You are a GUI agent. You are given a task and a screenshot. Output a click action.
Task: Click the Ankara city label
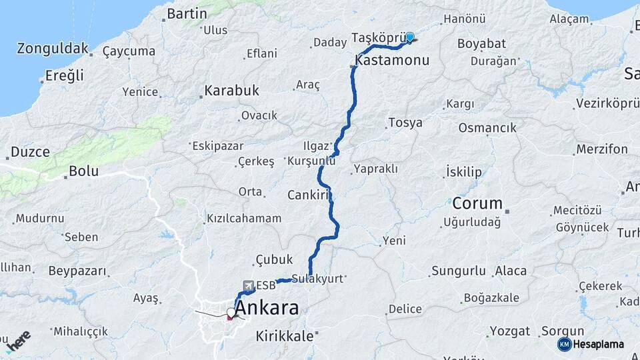point(267,309)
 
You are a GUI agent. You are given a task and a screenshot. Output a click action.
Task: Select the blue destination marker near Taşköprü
point(409,38)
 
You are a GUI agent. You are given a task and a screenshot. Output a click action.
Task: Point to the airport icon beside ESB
point(247,286)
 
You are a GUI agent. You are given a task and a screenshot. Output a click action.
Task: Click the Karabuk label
point(232,90)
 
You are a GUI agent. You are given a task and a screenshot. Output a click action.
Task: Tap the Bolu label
point(83,171)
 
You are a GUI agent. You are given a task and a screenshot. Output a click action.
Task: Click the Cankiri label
point(310,195)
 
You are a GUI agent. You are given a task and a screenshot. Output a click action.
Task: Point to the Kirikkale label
point(285,337)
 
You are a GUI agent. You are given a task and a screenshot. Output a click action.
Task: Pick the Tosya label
point(405,123)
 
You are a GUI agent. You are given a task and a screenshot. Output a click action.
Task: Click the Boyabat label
point(481,43)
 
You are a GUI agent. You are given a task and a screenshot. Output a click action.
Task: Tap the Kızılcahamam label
point(244,219)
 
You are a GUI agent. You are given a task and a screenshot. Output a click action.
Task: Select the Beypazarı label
point(77,271)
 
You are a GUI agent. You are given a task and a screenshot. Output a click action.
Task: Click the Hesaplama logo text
point(600,344)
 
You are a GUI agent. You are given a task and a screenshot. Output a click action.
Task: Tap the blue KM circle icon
point(565,344)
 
